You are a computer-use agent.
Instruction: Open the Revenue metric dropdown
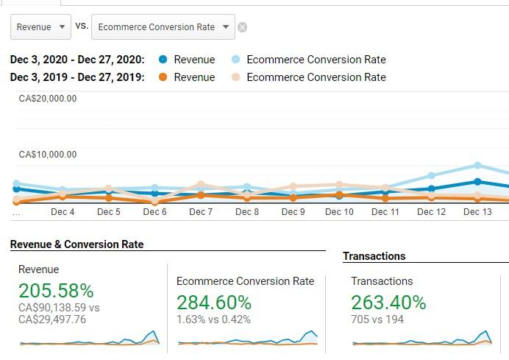40,27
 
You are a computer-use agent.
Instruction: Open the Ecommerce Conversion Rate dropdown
163,27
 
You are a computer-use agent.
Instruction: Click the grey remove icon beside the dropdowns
242,28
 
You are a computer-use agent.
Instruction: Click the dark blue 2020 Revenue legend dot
163,60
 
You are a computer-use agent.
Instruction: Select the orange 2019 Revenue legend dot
163,77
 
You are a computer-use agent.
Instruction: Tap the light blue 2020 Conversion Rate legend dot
235,60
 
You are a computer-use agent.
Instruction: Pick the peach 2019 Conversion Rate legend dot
235,77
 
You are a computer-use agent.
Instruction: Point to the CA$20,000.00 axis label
48,99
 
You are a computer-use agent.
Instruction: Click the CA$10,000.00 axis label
48,155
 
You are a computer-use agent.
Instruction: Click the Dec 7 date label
201,212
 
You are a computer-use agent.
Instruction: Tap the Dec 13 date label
477,212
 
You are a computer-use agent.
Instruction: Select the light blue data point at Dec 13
477,166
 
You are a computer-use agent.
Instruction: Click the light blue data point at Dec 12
432,176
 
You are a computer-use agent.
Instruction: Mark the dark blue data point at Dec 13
477,181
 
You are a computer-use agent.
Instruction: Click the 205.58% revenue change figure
56,291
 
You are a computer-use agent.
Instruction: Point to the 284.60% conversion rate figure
214,303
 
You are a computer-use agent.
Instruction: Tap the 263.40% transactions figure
388,303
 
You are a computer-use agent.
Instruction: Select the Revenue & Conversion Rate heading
77,244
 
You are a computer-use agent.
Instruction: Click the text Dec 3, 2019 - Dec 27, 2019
77,77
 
